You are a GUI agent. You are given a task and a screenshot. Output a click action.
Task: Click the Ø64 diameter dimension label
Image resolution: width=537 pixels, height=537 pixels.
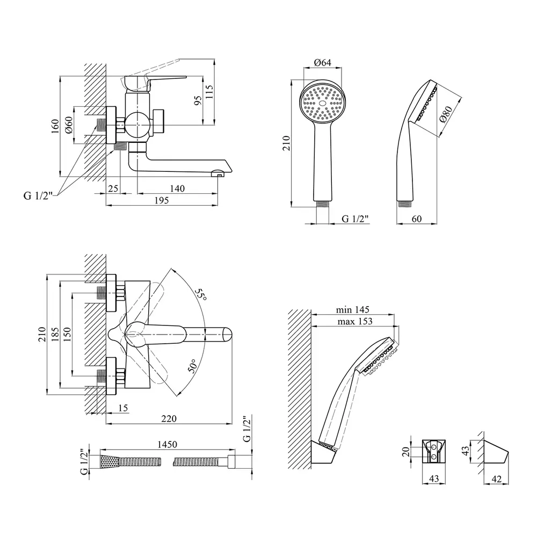(x=323, y=63)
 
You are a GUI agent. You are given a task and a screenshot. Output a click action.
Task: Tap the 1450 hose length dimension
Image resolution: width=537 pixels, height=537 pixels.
(x=167, y=444)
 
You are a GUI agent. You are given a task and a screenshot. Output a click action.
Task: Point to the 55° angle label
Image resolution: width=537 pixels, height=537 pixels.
(x=201, y=294)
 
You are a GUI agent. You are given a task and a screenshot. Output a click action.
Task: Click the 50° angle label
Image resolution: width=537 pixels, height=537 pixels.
(x=192, y=366)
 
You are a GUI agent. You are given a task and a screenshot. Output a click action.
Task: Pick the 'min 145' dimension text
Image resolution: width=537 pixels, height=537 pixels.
(x=352, y=310)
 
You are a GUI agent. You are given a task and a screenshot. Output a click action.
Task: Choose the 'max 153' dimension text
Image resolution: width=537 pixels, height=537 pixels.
(x=355, y=321)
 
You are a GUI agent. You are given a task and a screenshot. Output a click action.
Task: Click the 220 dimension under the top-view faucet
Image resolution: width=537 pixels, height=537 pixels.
(x=169, y=418)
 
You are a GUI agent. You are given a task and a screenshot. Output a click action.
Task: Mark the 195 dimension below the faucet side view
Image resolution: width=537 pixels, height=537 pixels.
(x=161, y=200)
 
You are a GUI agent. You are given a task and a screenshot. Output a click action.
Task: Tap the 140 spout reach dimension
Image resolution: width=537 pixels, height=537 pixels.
(x=177, y=188)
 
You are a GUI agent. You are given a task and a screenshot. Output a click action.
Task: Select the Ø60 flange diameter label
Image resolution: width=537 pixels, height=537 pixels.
(x=68, y=125)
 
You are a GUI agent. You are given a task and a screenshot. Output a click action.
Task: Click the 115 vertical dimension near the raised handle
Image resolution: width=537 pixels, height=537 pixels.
(x=209, y=92)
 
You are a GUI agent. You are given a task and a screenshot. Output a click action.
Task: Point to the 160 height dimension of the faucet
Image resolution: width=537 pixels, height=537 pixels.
(x=55, y=126)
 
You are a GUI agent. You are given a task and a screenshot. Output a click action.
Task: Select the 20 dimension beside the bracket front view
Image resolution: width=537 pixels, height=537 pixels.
(x=406, y=452)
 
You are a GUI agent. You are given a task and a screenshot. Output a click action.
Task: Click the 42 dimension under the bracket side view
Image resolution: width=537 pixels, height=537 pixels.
(x=496, y=479)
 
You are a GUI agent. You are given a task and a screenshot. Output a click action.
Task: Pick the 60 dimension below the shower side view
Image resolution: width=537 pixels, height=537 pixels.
(x=417, y=219)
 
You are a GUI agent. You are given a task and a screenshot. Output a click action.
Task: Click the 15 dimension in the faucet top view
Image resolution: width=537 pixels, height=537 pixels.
(x=123, y=408)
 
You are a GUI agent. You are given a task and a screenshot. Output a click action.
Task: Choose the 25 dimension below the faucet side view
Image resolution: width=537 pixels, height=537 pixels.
(x=113, y=188)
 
